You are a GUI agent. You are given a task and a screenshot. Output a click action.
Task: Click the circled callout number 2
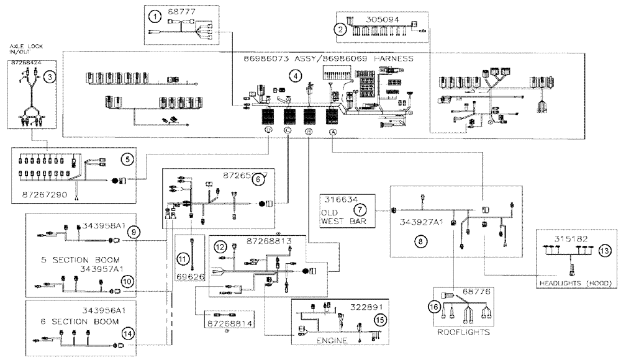tap(340, 28)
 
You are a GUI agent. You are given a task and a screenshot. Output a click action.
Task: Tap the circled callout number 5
tap(128, 160)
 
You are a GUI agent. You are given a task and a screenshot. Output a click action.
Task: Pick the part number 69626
tap(191, 276)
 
